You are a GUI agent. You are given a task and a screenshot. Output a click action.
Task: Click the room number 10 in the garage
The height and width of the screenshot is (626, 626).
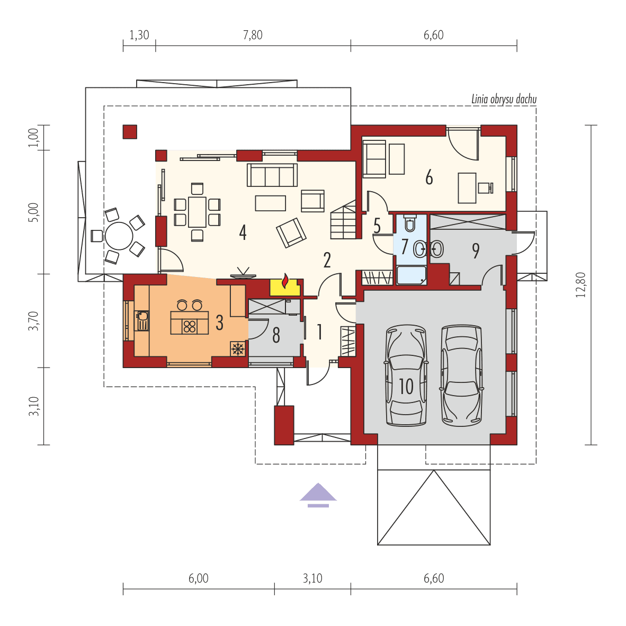406,386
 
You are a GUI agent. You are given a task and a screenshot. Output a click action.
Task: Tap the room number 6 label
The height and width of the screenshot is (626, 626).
429,177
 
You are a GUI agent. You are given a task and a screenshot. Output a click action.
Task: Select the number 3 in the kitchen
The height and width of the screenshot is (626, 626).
219,321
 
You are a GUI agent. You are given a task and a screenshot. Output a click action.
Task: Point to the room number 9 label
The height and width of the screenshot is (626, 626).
476,251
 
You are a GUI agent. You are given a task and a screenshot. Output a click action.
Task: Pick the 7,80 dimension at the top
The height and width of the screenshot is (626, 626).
253,35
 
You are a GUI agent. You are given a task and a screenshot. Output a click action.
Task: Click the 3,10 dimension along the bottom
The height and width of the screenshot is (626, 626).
312,578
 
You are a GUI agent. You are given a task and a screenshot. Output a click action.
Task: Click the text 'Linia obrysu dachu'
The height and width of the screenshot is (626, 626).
504,99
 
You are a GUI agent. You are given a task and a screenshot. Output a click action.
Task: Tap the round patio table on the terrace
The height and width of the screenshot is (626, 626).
119,236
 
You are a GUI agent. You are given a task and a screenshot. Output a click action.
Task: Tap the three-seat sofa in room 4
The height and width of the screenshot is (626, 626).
272,175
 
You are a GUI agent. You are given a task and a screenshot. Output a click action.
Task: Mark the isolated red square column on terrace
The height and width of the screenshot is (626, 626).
130,131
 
